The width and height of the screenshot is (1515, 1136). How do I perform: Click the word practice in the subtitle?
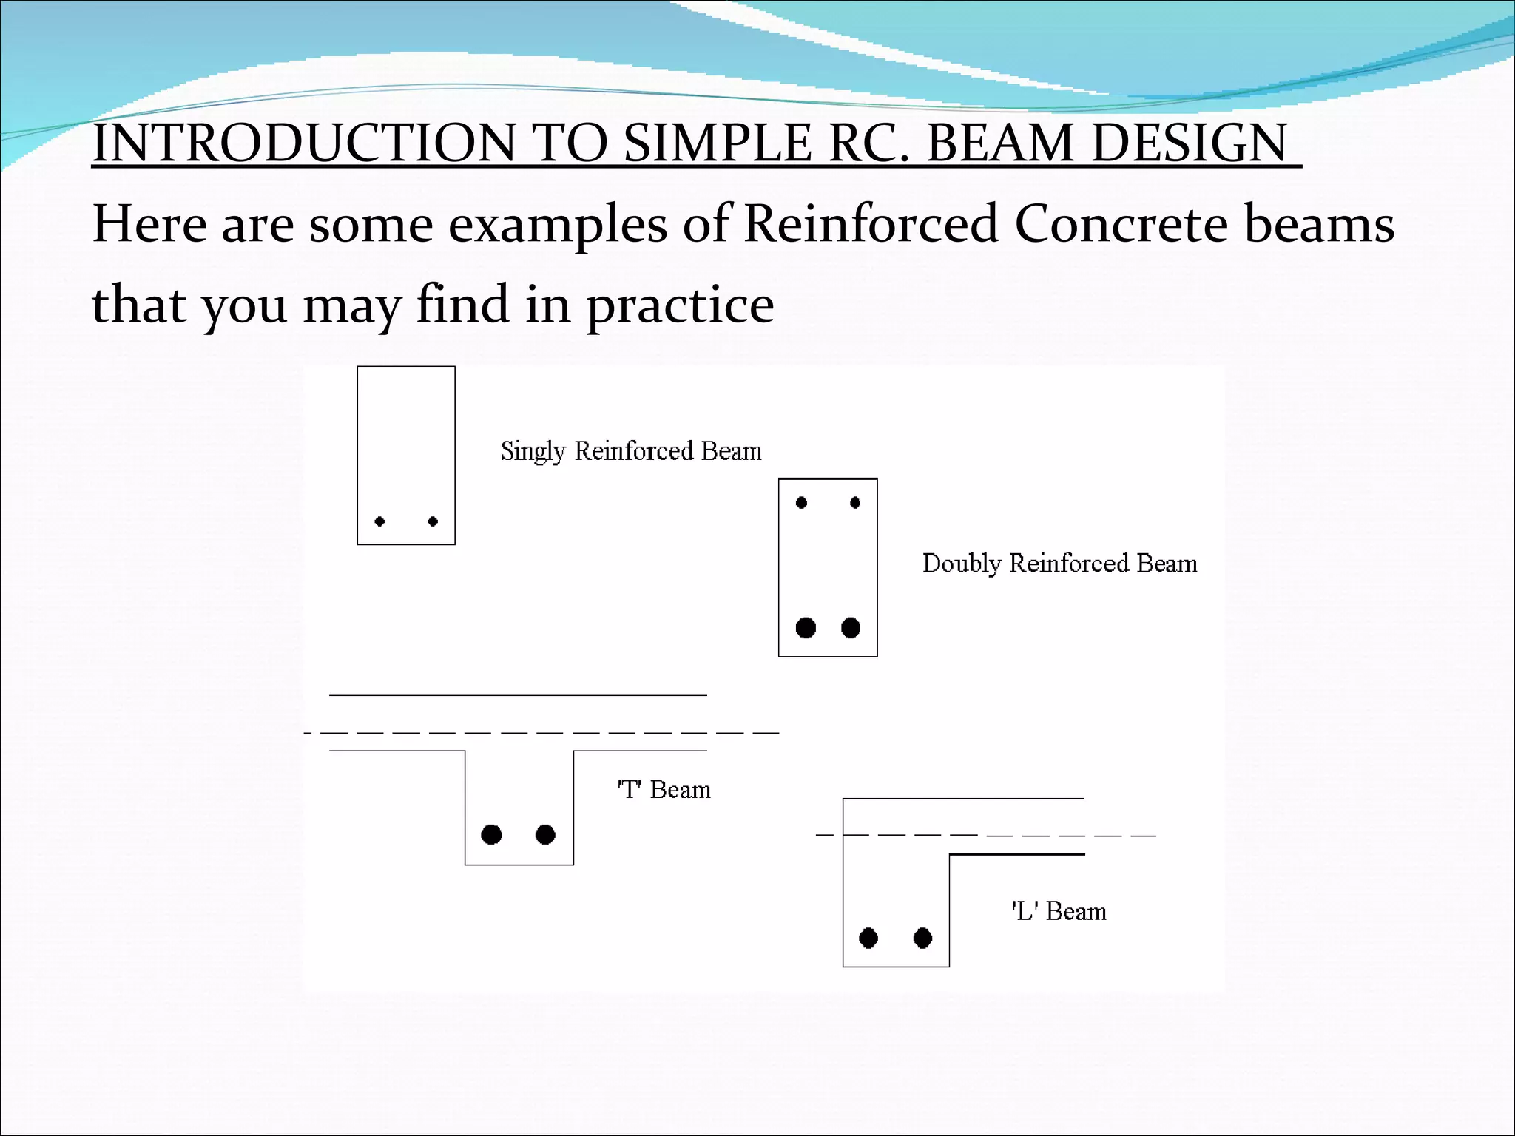tap(680, 305)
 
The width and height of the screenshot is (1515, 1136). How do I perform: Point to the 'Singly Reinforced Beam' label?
tap(630, 451)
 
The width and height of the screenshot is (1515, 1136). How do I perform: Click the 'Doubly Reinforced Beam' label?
tap(1059, 564)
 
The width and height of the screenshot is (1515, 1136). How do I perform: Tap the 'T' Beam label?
tap(664, 790)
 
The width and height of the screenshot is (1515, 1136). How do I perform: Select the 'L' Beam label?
tap(1059, 911)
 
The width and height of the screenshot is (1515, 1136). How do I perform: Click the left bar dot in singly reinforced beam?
tap(379, 521)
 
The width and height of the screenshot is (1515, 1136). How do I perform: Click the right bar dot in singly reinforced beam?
tap(433, 521)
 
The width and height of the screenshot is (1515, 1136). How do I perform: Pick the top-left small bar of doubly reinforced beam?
tap(801, 503)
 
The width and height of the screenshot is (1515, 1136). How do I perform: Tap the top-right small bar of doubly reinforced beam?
tap(855, 503)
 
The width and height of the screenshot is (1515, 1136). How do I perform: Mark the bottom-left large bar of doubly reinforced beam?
tap(806, 628)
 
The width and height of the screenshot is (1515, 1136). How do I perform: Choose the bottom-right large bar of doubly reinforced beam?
tap(851, 628)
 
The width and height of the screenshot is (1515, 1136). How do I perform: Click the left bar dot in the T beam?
tap(491, 834)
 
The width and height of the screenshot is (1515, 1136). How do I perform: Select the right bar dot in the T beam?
tap(545, 834)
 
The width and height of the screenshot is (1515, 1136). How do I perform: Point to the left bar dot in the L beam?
tap(868, 939)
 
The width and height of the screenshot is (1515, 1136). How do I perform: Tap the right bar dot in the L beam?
tap(922, 939)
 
